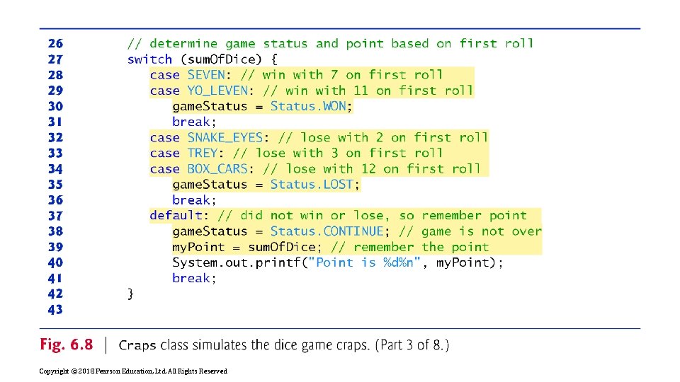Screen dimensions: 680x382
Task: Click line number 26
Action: coord(55,43)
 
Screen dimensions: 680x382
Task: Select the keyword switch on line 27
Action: coord(149,59)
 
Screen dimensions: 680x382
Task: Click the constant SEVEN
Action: coord(206,74)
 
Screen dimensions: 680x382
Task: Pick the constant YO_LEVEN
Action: coord(217,90)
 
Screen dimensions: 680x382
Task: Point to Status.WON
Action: coord(308,106)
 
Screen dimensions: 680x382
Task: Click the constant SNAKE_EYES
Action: coord(225,137)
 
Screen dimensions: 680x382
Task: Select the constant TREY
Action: coord(203,153)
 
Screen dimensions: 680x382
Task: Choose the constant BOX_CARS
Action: coord(217,168)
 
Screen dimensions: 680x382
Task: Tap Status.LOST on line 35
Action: coord(312,184)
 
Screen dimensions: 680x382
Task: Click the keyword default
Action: coord(176,215)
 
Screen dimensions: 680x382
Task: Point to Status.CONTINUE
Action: coord(327,231)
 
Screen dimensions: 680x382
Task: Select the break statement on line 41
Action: coord(194,278)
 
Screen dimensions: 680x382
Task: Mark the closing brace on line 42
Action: coord(130,294)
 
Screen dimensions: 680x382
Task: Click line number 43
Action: coord(55,309)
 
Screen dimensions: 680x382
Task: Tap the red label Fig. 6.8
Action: coord(67,345)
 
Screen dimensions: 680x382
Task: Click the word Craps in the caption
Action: coord(137,345)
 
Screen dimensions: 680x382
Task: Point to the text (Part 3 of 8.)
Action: coord(412,345)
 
